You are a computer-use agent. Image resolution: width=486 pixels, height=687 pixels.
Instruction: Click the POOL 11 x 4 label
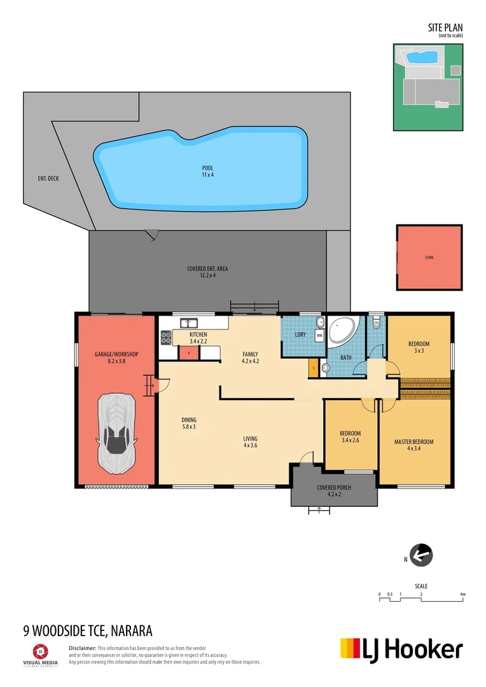[207, 171]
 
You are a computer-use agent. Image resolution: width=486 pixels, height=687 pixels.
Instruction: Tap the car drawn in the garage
[116, 433]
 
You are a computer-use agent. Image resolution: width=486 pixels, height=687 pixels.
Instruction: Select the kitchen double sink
[189, 323]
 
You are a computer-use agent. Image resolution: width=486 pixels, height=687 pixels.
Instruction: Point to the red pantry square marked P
[189, 352]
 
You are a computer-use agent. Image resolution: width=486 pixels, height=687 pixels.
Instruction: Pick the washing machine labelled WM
[319, 334]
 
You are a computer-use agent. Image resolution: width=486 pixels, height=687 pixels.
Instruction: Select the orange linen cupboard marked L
[313, 367]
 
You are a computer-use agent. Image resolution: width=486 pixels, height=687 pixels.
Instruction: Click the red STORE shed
[429, 258]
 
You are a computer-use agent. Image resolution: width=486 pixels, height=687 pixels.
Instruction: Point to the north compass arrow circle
[420, 555]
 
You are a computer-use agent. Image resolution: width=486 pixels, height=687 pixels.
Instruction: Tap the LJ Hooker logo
[401, 649]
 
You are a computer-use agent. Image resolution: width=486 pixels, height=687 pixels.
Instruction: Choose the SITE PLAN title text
[445, 27]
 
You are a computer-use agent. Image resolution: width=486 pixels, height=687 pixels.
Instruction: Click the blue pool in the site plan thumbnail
[422, 57]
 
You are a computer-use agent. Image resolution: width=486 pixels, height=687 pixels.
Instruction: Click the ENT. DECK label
[48, 179]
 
